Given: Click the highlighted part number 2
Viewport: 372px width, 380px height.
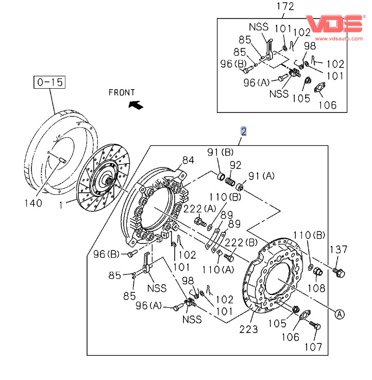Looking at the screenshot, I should point(244,131).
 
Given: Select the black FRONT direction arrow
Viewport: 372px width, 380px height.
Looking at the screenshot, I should point(136,105).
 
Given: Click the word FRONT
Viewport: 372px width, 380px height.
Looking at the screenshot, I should point(122,93).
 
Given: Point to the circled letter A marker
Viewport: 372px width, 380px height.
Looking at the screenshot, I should point(339,313).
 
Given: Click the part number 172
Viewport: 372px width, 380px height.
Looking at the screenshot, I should point(284,7).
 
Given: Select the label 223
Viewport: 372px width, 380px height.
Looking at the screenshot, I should point(248,329).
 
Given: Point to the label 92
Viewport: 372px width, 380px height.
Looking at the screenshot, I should point(235,166).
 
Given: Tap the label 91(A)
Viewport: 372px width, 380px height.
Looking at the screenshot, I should point(262,176).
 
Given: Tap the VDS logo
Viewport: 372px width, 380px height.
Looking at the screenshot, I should point(334,24).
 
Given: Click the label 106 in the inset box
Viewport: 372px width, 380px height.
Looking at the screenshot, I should point(327,105).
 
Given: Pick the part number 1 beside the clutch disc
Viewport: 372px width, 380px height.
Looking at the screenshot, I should point(60,205).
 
